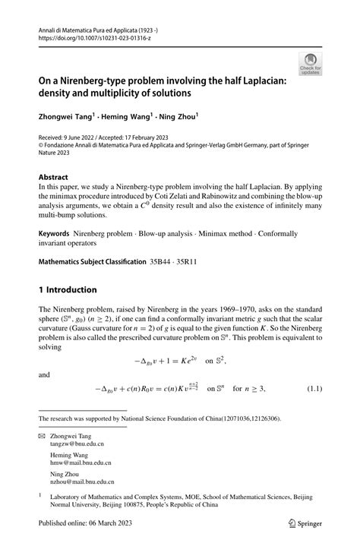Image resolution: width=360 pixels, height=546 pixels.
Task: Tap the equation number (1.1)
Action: point(316,389)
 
